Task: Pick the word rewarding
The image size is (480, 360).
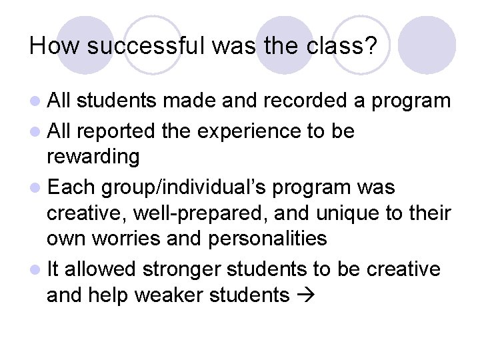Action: click(x=93, y=157)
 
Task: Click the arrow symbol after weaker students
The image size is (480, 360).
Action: click(x=304, y=295)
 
